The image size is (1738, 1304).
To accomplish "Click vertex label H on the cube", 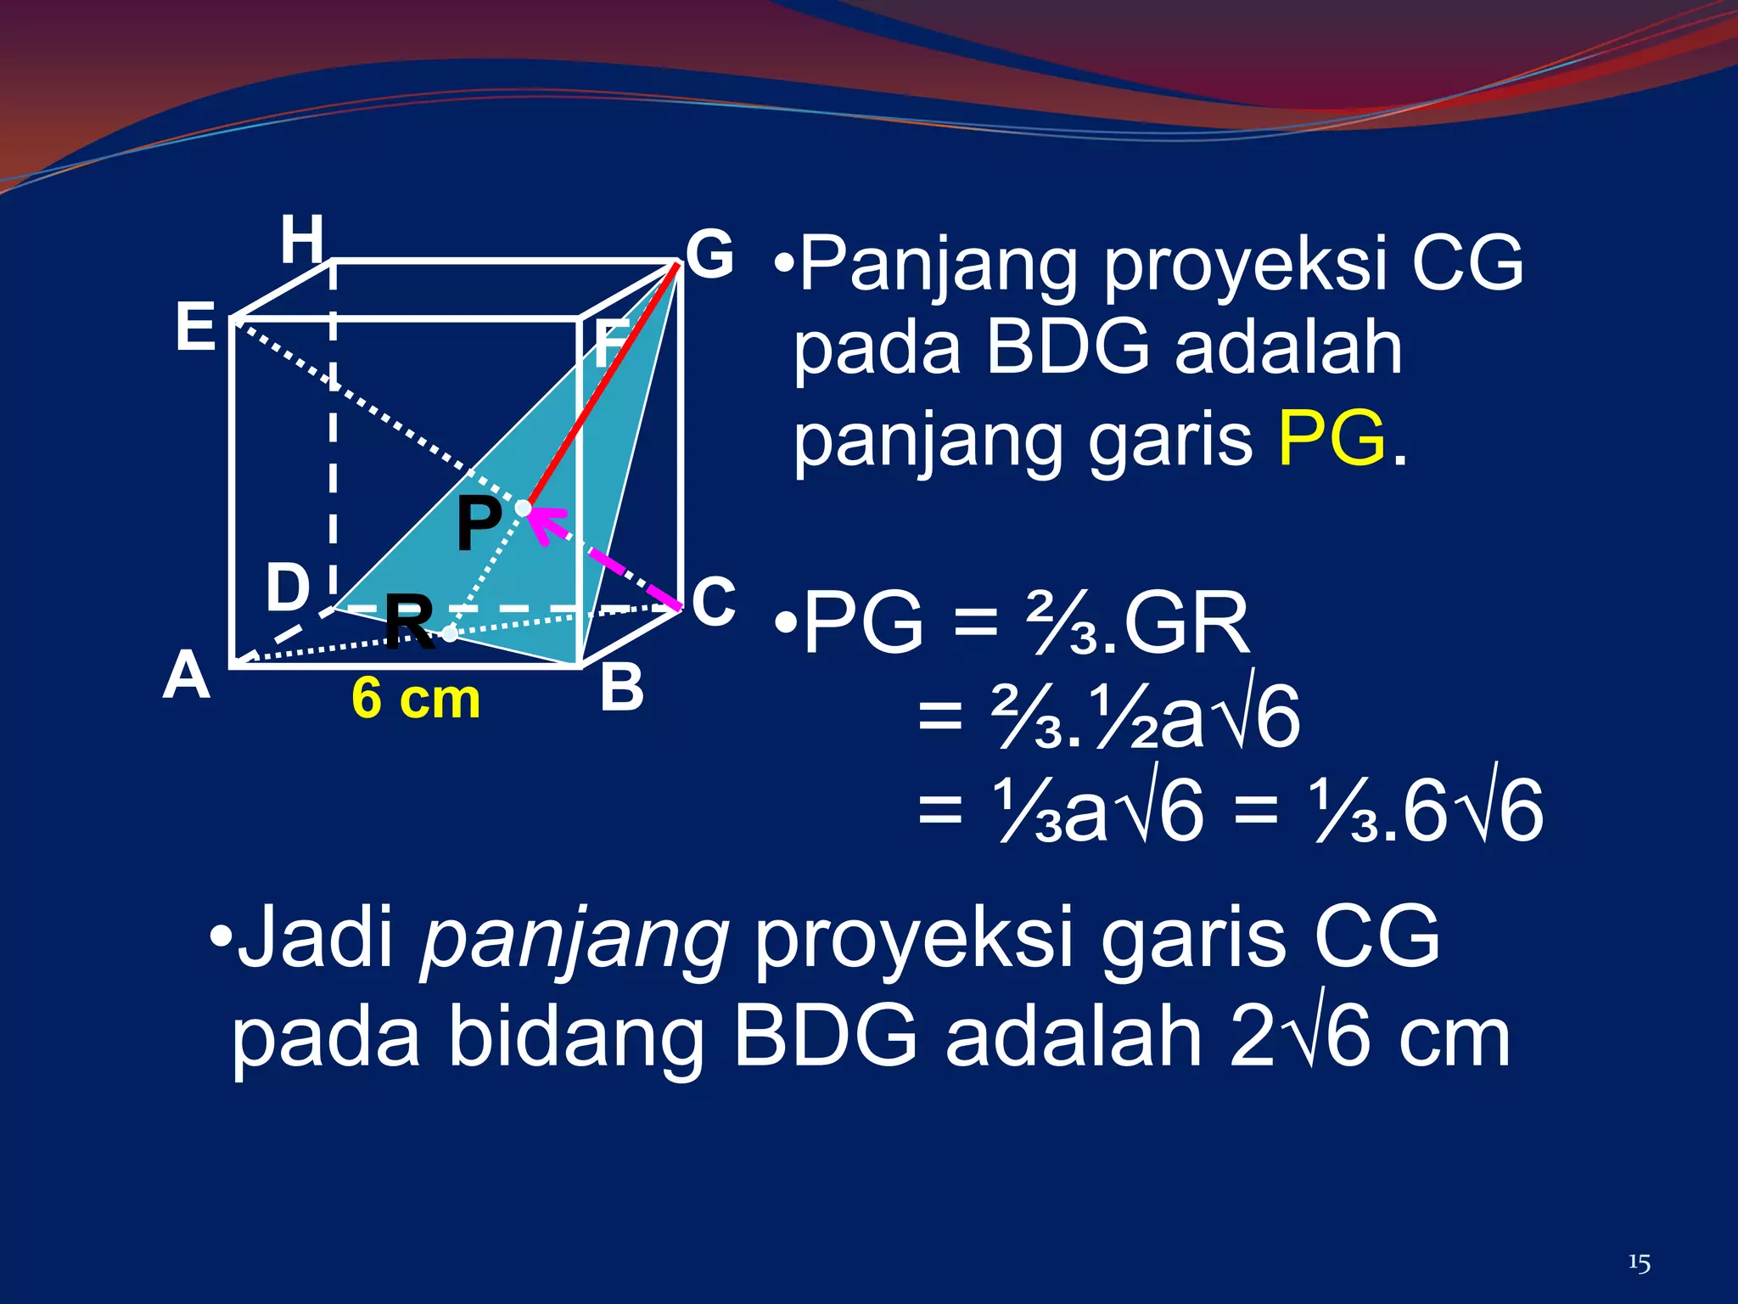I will [302, 239].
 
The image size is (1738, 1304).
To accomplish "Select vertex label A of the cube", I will [187, 677].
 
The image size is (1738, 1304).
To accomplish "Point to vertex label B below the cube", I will [621, 687].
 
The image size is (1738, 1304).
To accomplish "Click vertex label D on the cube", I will [288, 587].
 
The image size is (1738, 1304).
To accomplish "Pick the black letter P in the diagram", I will [479, 524].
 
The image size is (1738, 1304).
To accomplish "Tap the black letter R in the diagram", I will [409, 622].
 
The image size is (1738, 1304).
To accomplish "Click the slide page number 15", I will [1639, 1263].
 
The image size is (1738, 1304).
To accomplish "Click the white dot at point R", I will [450, 633].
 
